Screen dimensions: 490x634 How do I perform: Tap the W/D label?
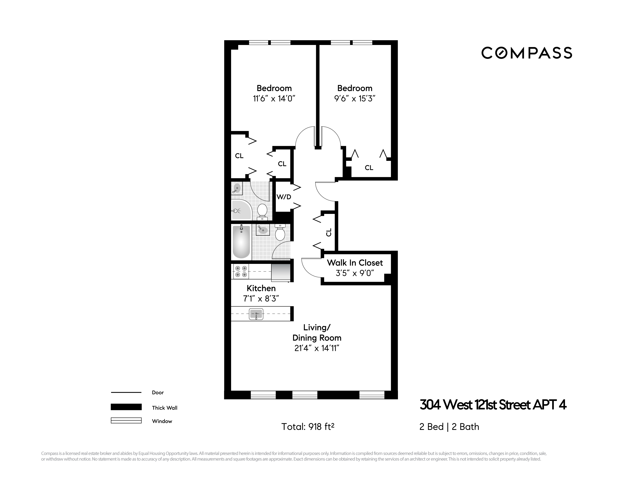pyautogui.click(x=284, y=197)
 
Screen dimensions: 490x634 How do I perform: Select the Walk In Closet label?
pyautogui.click(x=355, y=263)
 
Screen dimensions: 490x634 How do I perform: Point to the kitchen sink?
pyautogui.click(x=256, y=314)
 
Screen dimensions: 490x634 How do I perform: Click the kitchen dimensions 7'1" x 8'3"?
pyautogui.click(x=261, y=298)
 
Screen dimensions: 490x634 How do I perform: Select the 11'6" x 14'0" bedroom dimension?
pyautogui.click(x=274, y=98)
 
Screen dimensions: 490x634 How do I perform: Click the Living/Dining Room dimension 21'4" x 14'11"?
pyautogui.click(x=317, y=348)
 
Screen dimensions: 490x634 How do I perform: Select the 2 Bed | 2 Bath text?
pyautogui.click(x=449, y=427)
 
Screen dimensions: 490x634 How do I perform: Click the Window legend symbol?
pyautogui.click(x=126, y=420)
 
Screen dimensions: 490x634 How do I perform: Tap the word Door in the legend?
pyautogui.click(x=158, y=392)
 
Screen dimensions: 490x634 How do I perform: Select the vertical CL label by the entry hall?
pyautogui.click(x=329, y=232)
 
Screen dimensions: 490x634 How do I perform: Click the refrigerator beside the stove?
pyautogui.click(x=281, y=272)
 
